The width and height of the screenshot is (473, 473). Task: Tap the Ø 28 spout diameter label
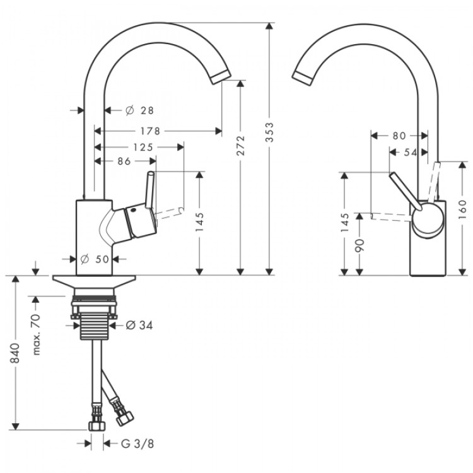click(140, 110)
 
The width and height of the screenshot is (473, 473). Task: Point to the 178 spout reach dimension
click(149, 131)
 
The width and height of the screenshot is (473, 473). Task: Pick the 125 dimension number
click(143, 147)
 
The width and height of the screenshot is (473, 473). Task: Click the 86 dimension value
click(124, 161)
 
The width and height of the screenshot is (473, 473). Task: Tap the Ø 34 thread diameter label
click(139, 325)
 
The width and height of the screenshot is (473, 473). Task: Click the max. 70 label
click(37, 336)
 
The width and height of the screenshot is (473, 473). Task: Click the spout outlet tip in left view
click(221, 78)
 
